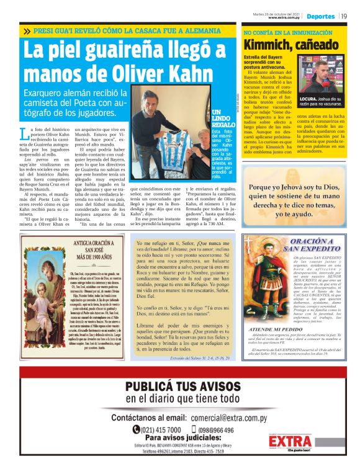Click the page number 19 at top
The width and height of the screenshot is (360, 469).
(x=344, y=16)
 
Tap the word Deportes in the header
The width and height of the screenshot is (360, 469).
(x=320, y=16)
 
